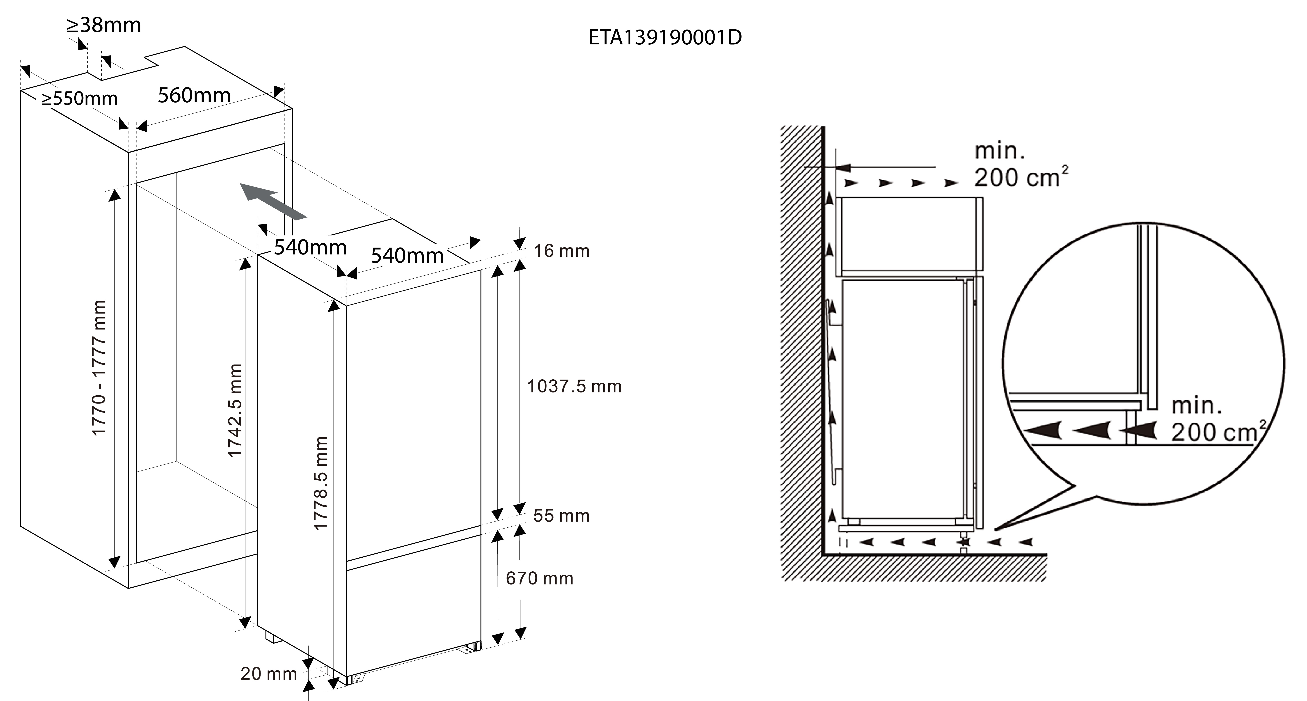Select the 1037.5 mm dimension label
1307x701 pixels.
click(x=574, y=387)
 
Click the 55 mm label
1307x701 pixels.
click(x=561, y=516)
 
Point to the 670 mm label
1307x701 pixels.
click(x=539, y=578)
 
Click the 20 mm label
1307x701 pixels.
click(x=268, y=674)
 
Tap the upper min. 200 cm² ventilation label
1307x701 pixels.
click(x=1020, y=165)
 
